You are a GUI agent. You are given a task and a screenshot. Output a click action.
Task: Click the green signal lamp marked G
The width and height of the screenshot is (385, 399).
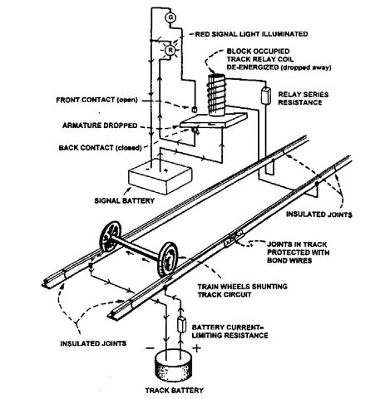click(170, 17)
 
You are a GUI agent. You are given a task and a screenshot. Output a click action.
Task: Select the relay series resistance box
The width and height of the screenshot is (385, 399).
click(268, 94)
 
